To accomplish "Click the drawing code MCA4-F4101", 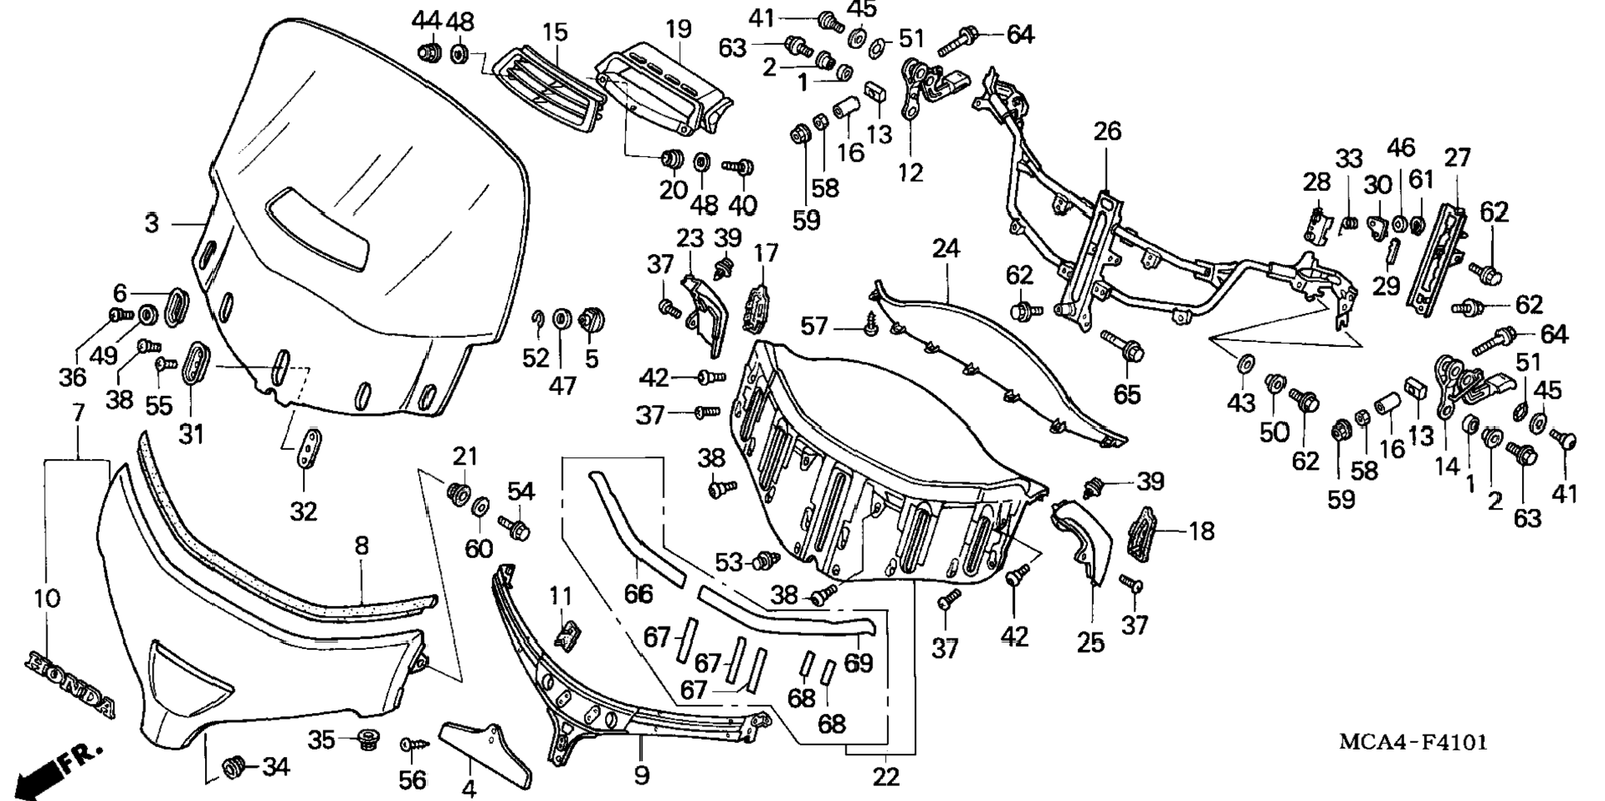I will (x=1412, y=741).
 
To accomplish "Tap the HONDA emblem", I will (x=71, y=684).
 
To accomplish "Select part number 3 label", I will (x=152, y=223).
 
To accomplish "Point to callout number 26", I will (x=1107, y=131).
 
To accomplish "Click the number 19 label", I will (x=678, y=29).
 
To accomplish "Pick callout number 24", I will (x=945, y=248).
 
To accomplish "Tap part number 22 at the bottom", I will (x=886, y=777).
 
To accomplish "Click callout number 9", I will (x=641, y=776).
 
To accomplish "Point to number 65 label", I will (x=1127, y=393).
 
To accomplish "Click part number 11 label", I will (x=561, y=596).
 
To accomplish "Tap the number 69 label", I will (x=858, y=663).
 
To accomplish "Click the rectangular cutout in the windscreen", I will (x=319, y=228).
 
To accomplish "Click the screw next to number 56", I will (x=411, y=745).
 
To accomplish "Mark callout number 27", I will (x=1457, y=158).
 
